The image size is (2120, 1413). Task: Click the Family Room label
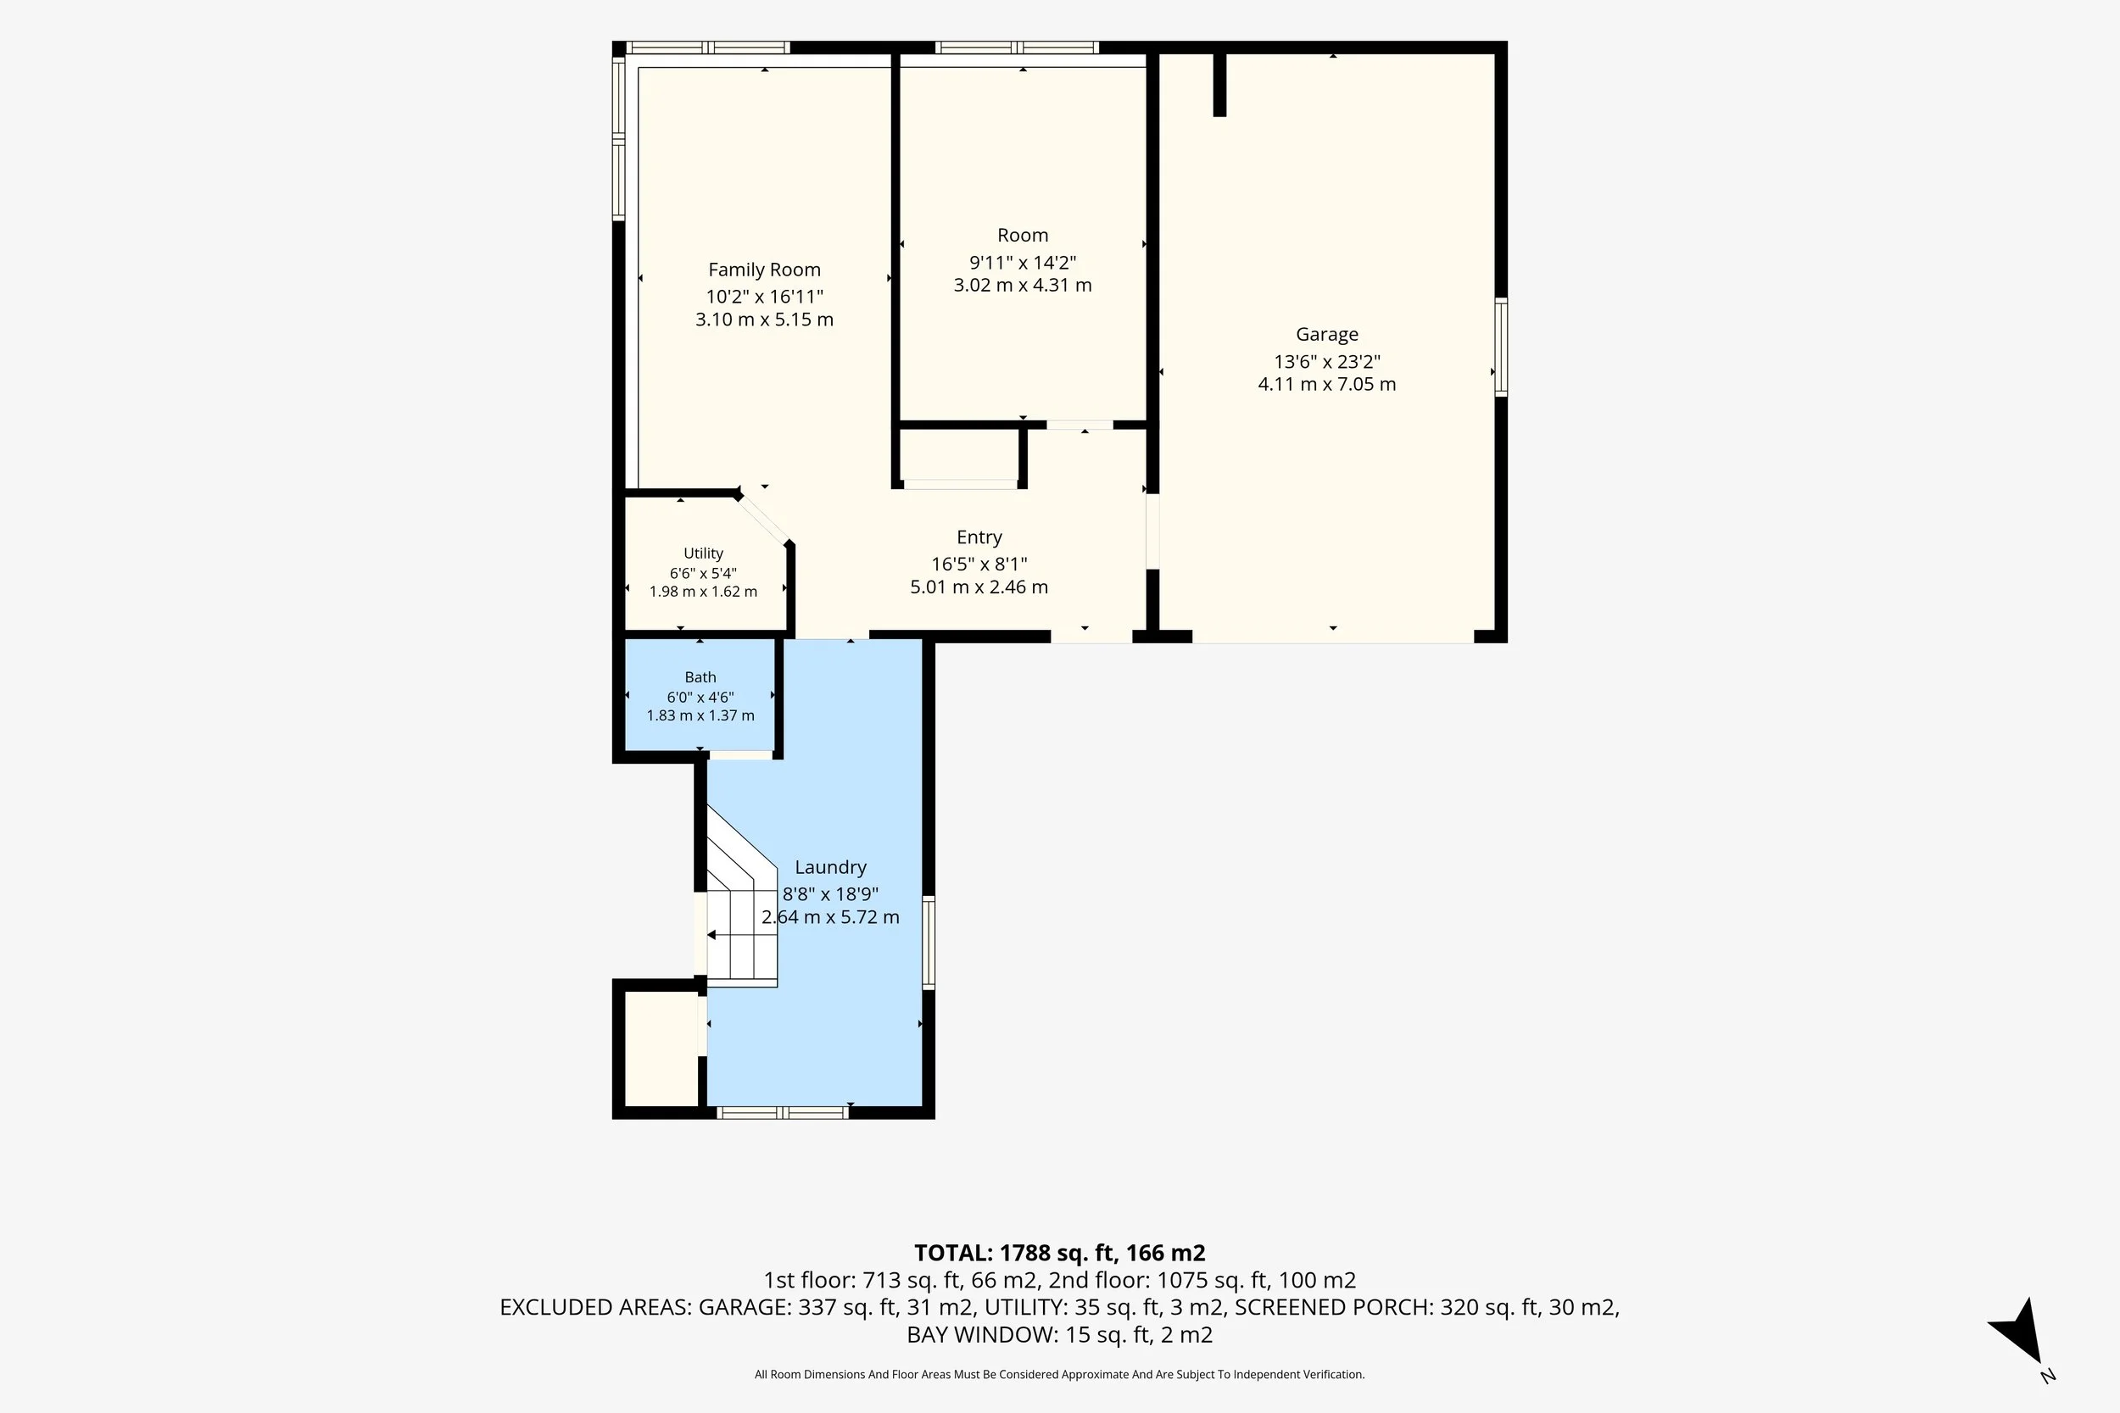(x=764, y=270)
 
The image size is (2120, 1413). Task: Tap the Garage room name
(x=1327, y=334)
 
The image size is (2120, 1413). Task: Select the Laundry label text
(x=830, y=867)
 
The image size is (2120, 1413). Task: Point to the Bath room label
(x=700, y=676)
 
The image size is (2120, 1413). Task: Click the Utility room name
(x=703, y=554)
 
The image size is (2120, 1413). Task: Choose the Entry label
(x=979, y=537)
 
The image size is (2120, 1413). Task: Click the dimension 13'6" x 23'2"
(x=1327, y=361)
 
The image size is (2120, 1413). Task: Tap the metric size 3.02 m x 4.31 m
(x=1022, y=285)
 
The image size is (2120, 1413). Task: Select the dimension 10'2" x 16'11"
(x=764, y=297)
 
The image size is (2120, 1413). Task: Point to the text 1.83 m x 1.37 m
(x=700, y=715)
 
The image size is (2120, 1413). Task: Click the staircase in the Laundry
(x=741, y=897)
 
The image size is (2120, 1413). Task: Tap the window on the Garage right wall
(x=1501, y=347)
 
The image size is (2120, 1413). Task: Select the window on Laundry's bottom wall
(x=783, y=1113)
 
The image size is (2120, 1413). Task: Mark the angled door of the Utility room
(x=762, y=518)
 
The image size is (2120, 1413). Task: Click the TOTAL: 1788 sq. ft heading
(x=1060, y=1253)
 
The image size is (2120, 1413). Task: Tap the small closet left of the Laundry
(x=661, y=1048)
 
